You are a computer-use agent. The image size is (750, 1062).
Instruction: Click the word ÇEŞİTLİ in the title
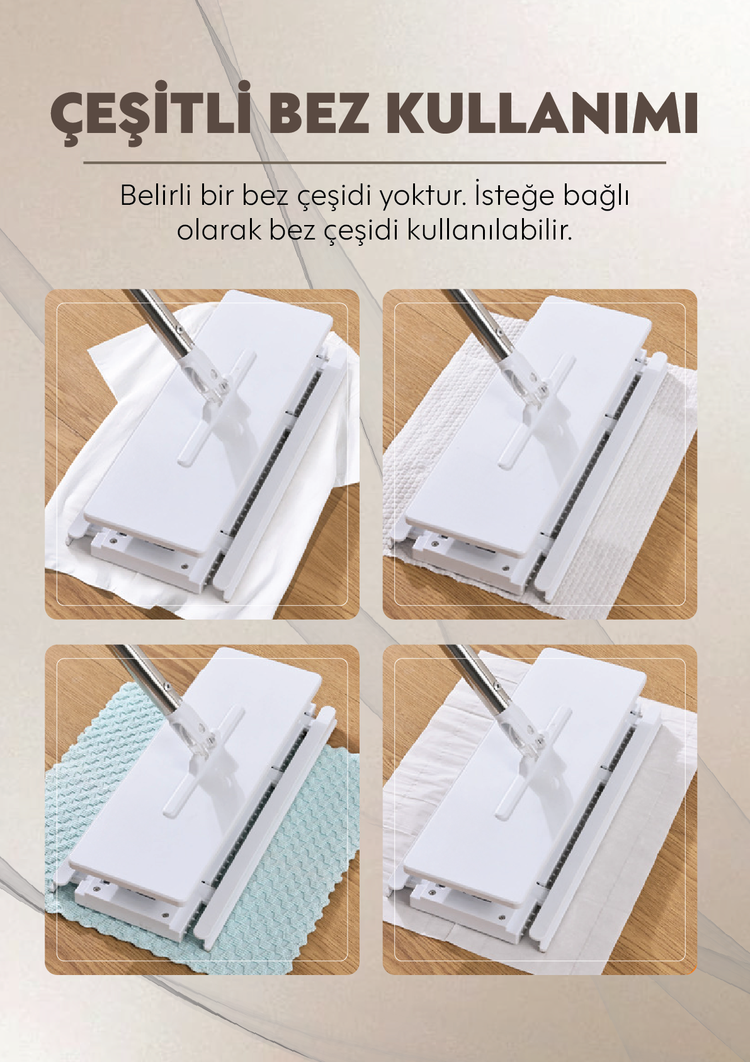click(x=151, y=114)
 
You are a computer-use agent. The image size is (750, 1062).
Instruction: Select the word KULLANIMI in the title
click(x=542, y=114)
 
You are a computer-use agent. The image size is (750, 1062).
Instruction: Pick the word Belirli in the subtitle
click(x=156, y=195)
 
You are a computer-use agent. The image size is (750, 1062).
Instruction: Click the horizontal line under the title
click(x=374, y=163)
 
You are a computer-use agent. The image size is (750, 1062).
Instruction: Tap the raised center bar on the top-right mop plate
click(x=537, y=410)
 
